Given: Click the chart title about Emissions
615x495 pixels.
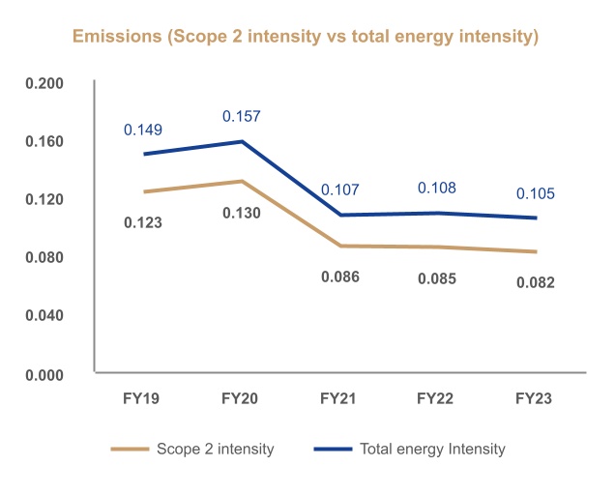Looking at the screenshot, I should (x=307, y=37).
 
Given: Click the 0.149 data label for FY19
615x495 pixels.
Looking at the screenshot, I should (x=142, y=130).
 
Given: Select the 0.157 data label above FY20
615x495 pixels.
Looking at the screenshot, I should (x=242, y=116).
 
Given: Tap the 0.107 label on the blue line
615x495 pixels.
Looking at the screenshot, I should (x=339, y=190).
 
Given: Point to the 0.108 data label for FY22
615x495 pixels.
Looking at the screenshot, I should (x=437, y=188).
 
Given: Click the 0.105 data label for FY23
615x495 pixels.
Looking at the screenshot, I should (x=536, y=193).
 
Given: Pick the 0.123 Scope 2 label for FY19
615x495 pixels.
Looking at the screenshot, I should (x=143, y=222).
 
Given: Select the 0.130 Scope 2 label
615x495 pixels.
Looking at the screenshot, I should (x=242, y=212).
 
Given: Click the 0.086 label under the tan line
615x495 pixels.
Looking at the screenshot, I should (x=339, y=277).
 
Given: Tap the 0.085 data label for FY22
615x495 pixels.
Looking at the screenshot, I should (x=437, y=278).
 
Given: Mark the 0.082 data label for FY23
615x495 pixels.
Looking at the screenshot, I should (x=536, y=282).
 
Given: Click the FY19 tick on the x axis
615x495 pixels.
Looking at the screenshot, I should (x=143, y=397).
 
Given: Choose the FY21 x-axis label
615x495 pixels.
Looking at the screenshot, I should (x=339, y=397).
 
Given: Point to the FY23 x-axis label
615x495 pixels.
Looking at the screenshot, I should (x=536, y=397).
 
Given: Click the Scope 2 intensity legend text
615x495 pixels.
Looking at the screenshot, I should (x=215, y=449).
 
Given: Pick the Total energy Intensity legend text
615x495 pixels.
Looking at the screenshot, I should (x=432, y=449).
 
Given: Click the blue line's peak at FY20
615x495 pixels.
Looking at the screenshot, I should (x=242, y=141).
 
